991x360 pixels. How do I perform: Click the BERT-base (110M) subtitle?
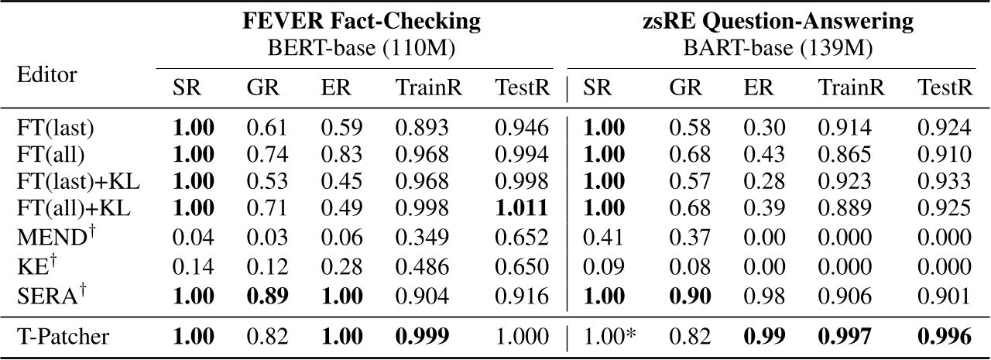[360, 50]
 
